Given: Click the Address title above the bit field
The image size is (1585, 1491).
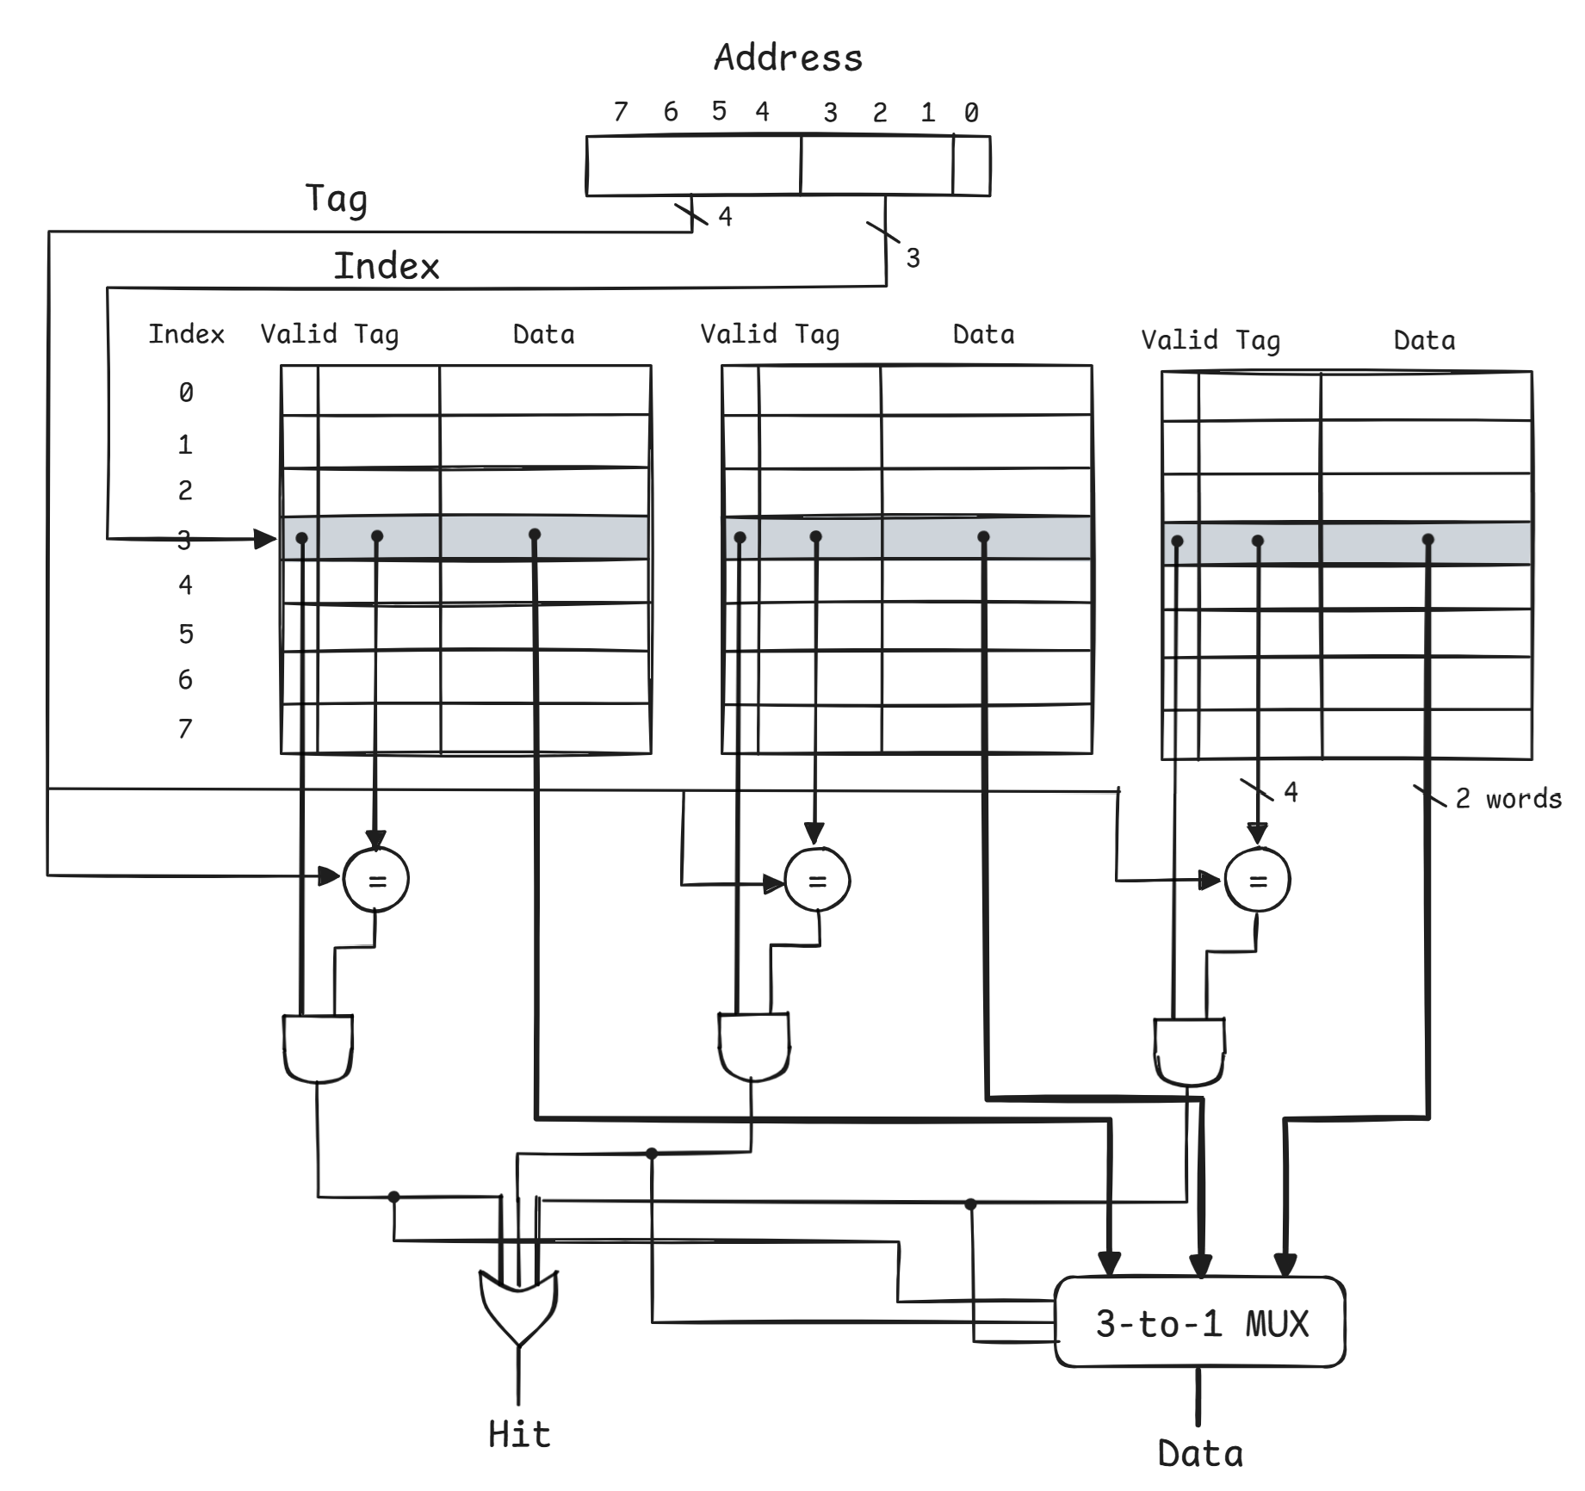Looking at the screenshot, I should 788,59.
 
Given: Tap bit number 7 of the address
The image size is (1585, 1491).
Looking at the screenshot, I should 621,112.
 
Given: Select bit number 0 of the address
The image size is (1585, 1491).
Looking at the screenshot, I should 971,113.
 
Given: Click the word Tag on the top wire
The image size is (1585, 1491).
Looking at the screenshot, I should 337,199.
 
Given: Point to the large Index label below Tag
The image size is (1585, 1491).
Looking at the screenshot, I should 387,266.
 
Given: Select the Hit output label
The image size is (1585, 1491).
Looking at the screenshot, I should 519,1434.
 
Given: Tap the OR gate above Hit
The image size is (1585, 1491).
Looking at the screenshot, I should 518,1305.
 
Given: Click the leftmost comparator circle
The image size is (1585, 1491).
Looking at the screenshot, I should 376,879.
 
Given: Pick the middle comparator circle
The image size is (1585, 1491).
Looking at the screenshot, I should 817,880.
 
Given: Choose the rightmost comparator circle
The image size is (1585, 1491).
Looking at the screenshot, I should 1257,880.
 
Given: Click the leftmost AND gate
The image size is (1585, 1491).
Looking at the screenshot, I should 318,1048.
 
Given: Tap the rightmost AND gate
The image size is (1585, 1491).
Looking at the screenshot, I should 1189,1051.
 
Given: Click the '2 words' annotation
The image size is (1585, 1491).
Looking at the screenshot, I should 1508,799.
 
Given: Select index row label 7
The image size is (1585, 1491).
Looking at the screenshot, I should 185,729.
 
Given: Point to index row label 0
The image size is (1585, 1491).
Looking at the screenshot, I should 186,393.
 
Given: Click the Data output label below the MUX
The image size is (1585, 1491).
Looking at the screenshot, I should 1200,1454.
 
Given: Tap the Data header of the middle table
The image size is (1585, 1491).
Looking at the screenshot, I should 983,335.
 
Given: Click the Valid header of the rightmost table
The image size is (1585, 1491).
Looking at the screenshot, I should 1179,340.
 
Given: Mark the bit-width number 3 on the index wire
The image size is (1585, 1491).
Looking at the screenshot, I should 913,257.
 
